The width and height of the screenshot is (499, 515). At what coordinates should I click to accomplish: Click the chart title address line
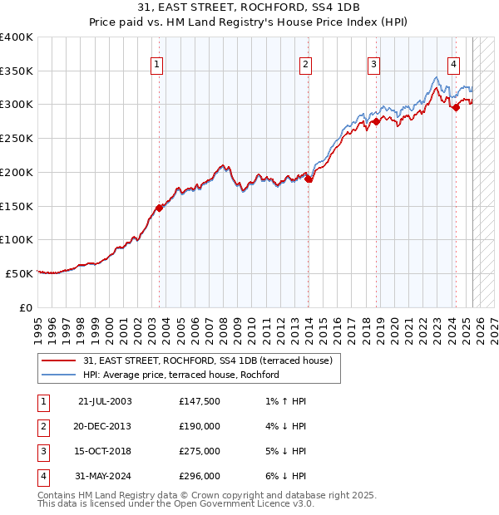pyautogui.click(x=249, y=8)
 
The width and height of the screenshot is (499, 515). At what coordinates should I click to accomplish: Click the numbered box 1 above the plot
pyautogui.click(x=158, y=64)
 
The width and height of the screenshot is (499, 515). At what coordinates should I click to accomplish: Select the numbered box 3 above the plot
pyautogui.click(x=374, y=64)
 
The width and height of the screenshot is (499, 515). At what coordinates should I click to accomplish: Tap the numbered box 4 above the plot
pyautogui.click(x=454, y=64)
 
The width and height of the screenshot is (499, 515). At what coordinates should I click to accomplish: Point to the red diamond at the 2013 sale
pyautogui.click(x=308, y=179)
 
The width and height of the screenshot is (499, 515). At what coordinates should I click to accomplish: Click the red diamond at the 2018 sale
pyautogui.click(x=376, y=121)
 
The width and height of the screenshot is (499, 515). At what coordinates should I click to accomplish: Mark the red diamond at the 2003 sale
pyautogui.click(x=159, y=208)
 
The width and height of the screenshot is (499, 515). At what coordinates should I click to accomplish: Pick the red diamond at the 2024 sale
pyautogui.click(x=456, y=107)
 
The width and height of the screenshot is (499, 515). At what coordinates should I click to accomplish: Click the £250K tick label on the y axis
pyautogui.click(x=17, y=138)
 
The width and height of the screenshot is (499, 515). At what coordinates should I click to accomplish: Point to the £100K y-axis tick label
pyautogui.click(x=17, y=239)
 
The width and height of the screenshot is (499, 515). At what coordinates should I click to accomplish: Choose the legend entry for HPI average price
pyautogui.click(x=180, y=375)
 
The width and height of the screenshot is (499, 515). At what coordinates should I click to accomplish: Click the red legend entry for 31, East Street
pyautogui.click(x=207, y=360)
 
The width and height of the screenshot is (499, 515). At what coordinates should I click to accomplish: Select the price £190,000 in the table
pyautogui.click(x=200, y=427)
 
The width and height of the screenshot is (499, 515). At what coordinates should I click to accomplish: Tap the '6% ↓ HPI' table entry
pyautogui.click(x=282, y=476)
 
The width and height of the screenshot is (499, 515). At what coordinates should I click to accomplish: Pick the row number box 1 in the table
pyautogui.click(x=42, y=402)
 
